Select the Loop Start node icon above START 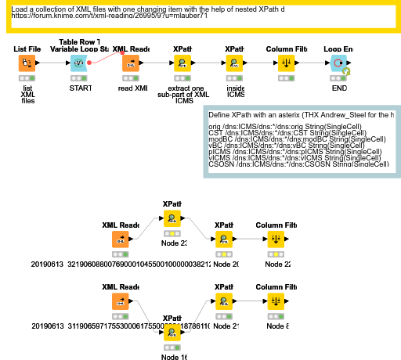tap(78, 63)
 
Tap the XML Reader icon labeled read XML tap(130, 63)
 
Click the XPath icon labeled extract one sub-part tap(182, 63)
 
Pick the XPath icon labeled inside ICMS tap(234, 63)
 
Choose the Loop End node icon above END tap(338, 63)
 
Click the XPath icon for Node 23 tap(172, 218)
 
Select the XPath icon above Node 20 tap(223, 239)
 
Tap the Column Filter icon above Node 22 tap(276, 239)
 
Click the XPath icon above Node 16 tap(172, 333)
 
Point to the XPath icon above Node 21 tap(223, 300)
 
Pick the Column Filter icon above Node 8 tap(276, 300)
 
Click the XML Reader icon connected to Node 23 tap(120, 239)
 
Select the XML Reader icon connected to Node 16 tap(120, 300)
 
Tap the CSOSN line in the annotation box tap(298, 164)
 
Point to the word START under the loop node tap(79, 88)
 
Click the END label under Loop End tap(339, 88)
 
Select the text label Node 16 tap(173, 357)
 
